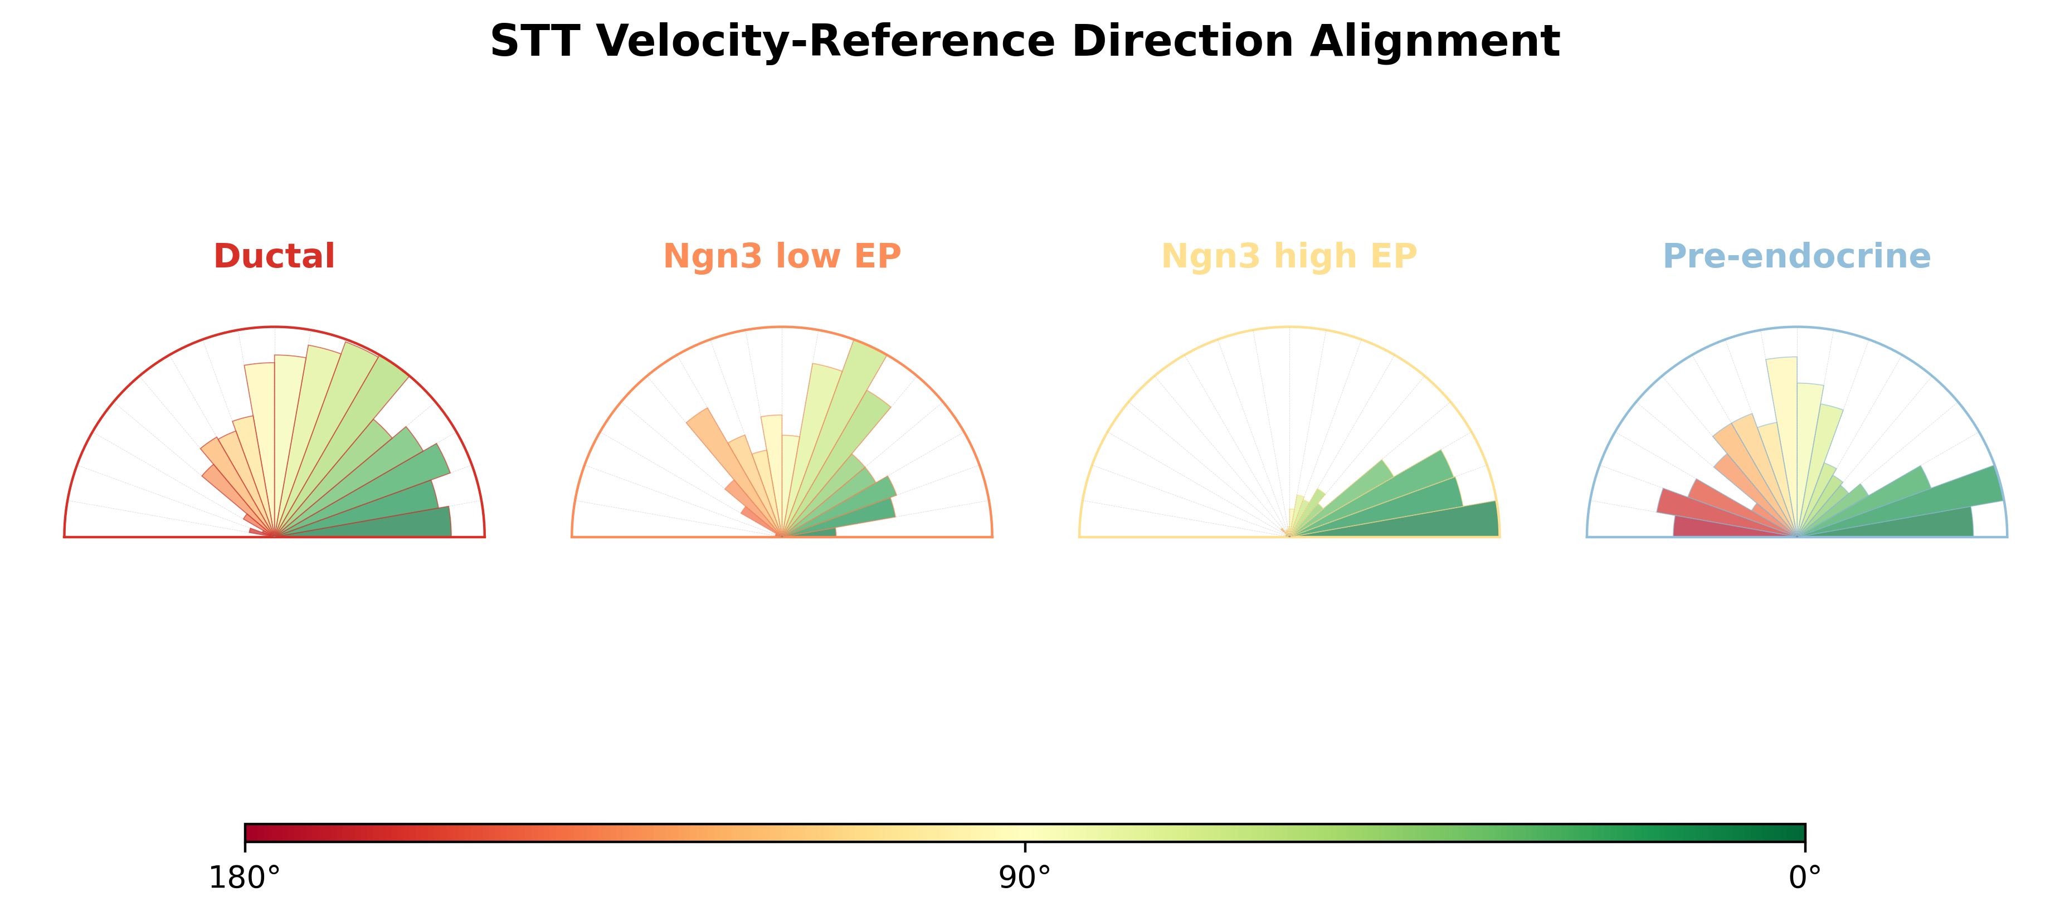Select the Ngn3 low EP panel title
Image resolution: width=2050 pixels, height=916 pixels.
click(781, 256)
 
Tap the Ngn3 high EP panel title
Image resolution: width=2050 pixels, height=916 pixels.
click(1289, 256)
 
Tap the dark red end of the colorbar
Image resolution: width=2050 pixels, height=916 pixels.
click(249, 833)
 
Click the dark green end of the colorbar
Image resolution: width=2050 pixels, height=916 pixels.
click(1801, 833)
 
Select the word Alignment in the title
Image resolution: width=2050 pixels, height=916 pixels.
click(1435, 41)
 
